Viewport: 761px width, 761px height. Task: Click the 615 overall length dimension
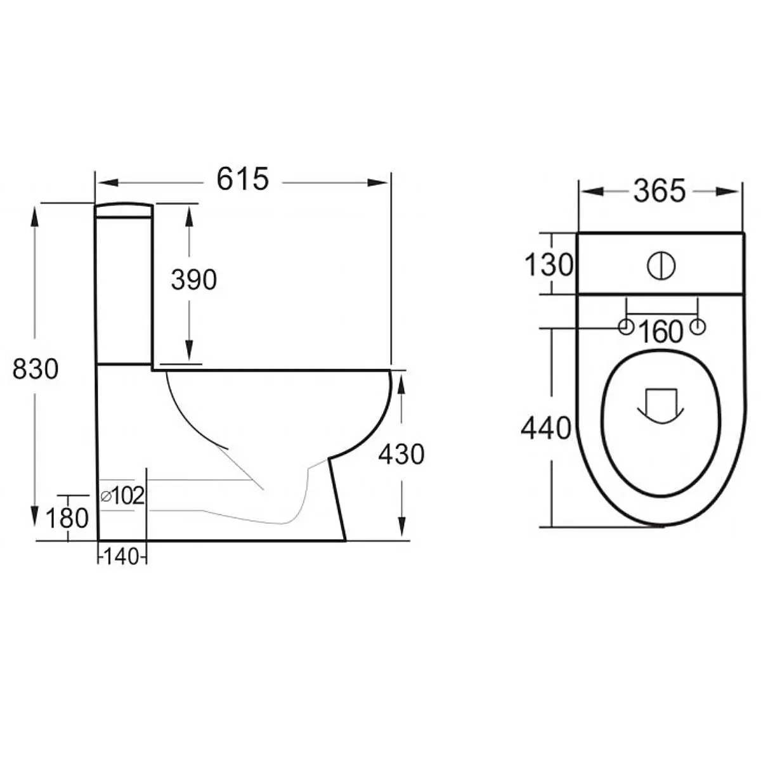(x=242, y=180)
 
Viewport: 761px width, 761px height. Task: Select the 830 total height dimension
(x=36, y=369)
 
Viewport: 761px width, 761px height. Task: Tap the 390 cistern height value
(x=194, y=280)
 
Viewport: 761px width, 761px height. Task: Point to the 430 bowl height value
(x=401, y=455)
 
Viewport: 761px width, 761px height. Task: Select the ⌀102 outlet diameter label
(x=123, y=495)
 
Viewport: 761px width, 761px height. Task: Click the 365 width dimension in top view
(x=660, y=191)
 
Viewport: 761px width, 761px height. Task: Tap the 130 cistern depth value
(x=549, y=265)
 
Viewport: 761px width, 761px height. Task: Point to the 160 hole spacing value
(x=661, y=332)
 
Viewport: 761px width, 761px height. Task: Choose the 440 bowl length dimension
(x=546, y=429)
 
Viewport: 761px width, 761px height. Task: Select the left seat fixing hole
(x=626, y=327)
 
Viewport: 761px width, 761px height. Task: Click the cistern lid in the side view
(x=124, y=211)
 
